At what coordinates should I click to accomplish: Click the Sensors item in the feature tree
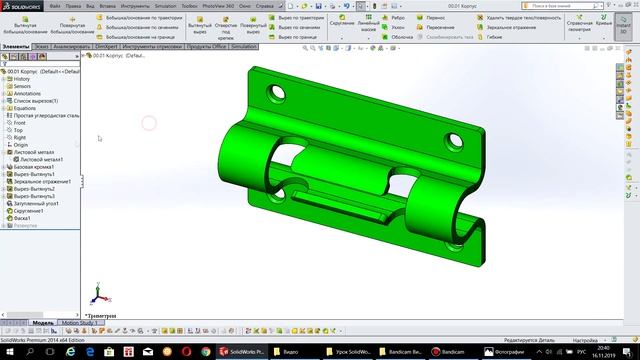point(22,87)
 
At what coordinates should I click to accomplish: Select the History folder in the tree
point(22,79)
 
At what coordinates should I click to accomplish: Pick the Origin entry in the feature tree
point(21,144)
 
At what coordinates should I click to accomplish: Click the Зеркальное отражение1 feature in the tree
point(41,181)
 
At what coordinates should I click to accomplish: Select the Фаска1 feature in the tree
point(23,218)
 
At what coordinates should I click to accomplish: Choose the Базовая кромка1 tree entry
point(33,166)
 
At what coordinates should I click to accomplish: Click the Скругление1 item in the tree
point(29,211)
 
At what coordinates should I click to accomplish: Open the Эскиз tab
point(40,46)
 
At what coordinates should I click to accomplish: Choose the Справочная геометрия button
point(579,25)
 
